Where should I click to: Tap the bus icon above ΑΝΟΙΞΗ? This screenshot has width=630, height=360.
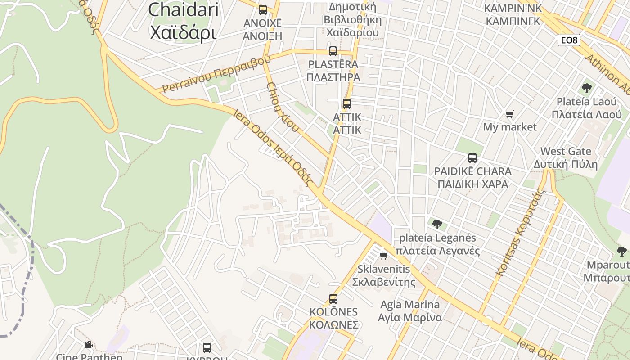[263, 9]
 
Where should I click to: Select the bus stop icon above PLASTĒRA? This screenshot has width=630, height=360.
[333, 51]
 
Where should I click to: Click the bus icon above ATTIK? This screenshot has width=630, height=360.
[347, 104]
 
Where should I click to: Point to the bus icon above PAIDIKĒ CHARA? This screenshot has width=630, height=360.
[472, 158]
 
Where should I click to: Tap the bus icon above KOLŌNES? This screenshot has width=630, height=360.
[333, 298]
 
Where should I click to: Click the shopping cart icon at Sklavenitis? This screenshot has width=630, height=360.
[384, 256]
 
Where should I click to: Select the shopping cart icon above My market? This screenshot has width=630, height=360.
[510, 114]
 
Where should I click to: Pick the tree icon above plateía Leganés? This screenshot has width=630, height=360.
[437, 224]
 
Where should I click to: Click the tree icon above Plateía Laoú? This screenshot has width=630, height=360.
[586, 88]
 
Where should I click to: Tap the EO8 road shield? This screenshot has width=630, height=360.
[569, 40]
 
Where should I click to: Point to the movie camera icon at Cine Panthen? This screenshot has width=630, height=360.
[89, 345]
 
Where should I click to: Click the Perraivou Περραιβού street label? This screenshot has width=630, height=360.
[216, 73]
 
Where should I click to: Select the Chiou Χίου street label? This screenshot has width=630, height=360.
[282, 107]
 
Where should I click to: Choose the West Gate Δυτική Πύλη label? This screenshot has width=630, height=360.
[566, 157]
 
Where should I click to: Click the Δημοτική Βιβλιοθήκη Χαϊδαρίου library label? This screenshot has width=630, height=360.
[354, 20]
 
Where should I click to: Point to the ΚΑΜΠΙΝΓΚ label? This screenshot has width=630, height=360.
[513, 21]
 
